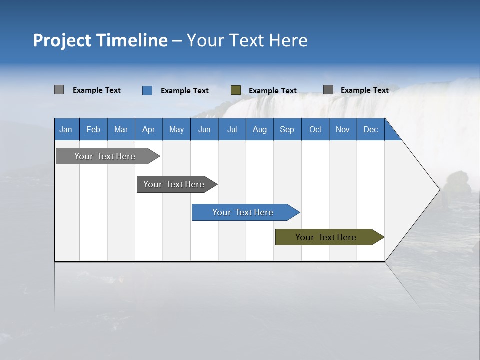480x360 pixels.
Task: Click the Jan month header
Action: point(66,129)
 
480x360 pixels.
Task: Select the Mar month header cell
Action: point(121,129)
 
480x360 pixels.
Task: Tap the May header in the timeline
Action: point(176,129)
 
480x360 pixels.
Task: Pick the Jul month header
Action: point(232,129)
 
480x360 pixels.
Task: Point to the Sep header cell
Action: point(287,129)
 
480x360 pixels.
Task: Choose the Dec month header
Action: point(370,129)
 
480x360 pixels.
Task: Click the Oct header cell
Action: point(315,129)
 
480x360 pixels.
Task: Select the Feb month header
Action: point(93,129)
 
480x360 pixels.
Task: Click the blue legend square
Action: point(147,90)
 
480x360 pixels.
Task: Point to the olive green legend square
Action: point(236,90)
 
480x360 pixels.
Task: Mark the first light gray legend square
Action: point(59,90)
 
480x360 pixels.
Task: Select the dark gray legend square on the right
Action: point(328,90)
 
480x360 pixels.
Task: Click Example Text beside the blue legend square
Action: point(185,91)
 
